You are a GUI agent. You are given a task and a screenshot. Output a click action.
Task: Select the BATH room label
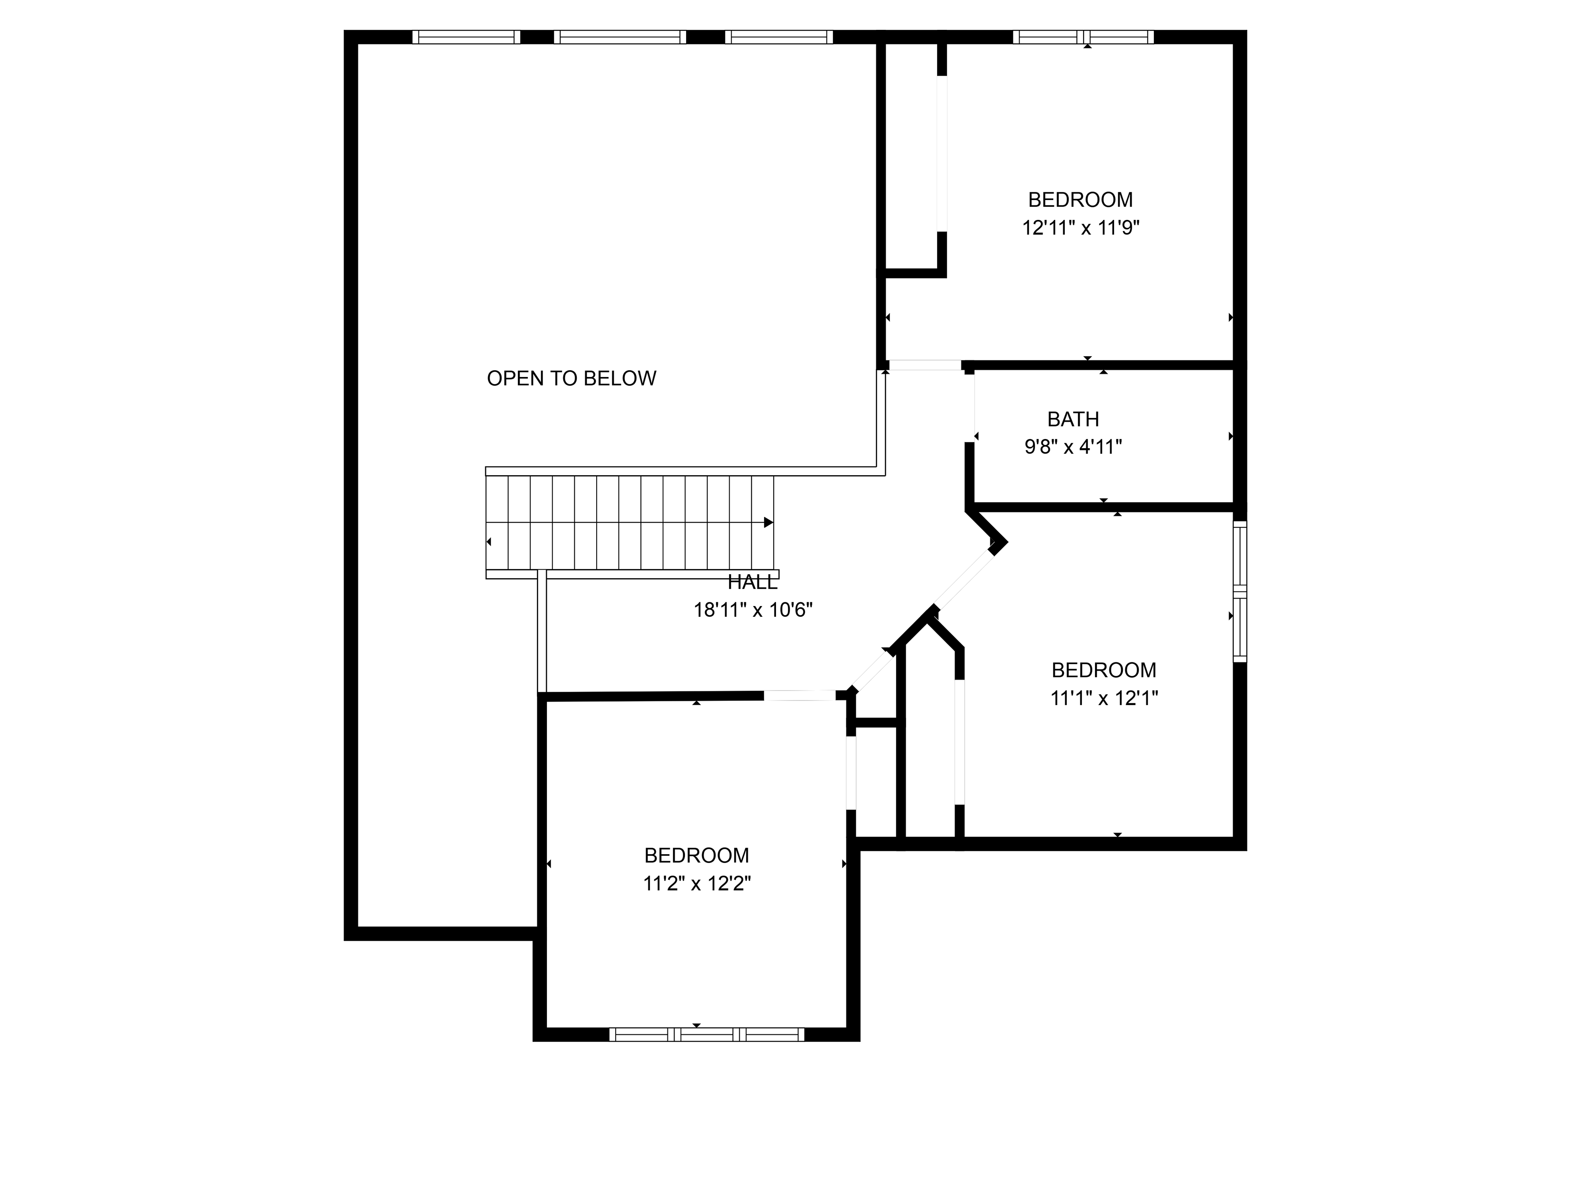[1073, 419]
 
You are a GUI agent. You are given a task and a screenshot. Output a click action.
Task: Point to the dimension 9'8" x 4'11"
[1073, 447]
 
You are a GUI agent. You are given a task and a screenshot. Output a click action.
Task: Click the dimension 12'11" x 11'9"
[1081, 228]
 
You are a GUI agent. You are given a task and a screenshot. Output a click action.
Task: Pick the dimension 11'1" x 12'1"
[1104, 698]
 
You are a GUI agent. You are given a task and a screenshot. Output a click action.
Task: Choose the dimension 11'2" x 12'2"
[697, 884]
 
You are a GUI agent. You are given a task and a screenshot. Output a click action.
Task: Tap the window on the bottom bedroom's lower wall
[707, 1035]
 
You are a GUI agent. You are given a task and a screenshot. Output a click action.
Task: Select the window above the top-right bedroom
[1084, 37]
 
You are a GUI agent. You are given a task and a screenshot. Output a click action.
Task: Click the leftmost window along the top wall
[466, 37]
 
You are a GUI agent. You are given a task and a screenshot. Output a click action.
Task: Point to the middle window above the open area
[620, 37]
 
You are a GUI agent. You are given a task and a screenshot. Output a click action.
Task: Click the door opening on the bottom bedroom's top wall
[799, 696]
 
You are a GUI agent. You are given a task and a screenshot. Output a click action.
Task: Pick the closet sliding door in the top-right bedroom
[942, 154]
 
